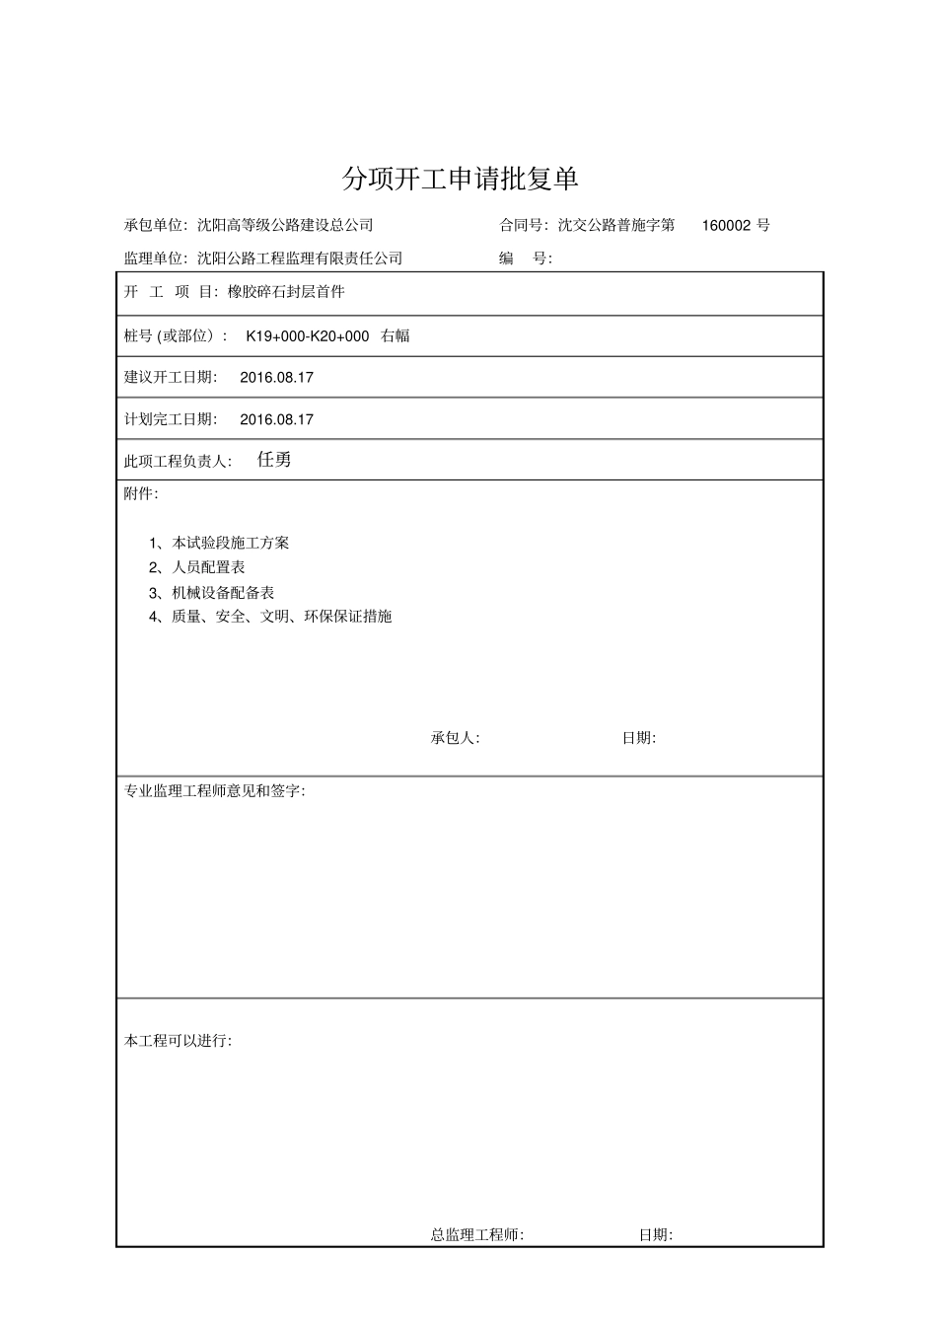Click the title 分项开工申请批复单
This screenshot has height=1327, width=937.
pyautogui.click(x=460, y=179)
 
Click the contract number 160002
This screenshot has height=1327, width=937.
pyautogui.click(x=728, y=225)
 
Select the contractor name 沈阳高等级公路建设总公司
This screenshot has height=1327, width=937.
pyautogui.click(x=285, y=225)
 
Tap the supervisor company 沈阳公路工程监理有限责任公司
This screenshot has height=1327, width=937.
pyautogui.click(x=300, y=258)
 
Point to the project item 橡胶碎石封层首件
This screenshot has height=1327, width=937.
pyautogui.click(x=286, y=292)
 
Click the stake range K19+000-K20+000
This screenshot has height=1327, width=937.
pyautogui.click(x=308, y=335)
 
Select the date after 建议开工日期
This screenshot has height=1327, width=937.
pyautogui.click(x=276, y=377)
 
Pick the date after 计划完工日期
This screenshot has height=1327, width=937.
pyautogui.click(x=276, y=419)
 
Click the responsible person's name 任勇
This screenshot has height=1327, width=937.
pyautogui.click(x=273, y=460)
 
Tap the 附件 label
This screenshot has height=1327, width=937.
pyautogui.click(x=140, y=493)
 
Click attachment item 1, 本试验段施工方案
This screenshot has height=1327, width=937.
pyautogui.click(x=219, y=543)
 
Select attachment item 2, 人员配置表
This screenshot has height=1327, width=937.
pyautogui.click(x=196, y=567)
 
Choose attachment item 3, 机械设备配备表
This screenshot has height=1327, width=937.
pyautogui.click(x=211, y=592)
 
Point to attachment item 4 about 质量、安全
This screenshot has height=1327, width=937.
pyautogui.click(x=270, y=617)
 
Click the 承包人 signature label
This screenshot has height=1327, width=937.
pyautogui.click(x=455, y=738)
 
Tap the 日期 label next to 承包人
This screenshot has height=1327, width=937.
pyautogui.click(x=638, y=738)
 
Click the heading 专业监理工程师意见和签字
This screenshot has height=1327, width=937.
pyautogui.click(x=214, y=791)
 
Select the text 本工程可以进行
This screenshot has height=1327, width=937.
pyautogui.click(x=178, y=1041)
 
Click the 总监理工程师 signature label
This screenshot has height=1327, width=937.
pyautogui.click(x=477, y=1234)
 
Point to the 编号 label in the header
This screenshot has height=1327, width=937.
pyautogui.click(x=525, y=258)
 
